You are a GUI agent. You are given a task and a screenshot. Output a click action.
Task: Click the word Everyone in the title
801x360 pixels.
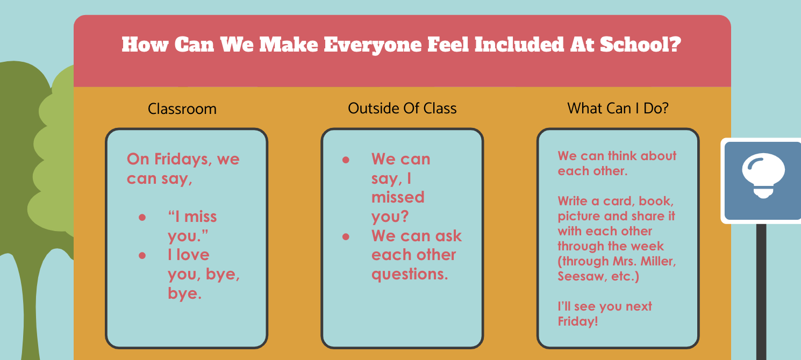373,45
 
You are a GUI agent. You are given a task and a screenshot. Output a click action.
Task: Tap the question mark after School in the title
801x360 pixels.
675,45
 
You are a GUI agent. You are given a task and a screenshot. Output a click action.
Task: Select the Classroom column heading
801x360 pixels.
182,109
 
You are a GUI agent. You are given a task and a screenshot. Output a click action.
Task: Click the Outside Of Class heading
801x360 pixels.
402,109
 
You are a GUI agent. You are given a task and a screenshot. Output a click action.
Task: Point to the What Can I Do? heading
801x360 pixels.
618,109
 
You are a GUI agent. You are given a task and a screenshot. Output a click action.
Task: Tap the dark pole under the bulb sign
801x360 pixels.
761,292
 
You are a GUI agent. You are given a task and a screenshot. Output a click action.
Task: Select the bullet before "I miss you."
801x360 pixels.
142,218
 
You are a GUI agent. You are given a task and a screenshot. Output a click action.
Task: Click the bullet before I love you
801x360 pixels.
142,256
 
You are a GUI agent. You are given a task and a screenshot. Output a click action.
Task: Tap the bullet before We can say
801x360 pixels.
346,160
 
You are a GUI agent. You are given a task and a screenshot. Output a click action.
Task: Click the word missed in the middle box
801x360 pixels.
398,197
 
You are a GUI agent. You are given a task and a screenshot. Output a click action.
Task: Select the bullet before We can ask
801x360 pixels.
346,236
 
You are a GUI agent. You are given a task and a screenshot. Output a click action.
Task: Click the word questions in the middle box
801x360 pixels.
410,275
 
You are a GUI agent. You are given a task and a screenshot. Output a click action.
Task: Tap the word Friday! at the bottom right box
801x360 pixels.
578,321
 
